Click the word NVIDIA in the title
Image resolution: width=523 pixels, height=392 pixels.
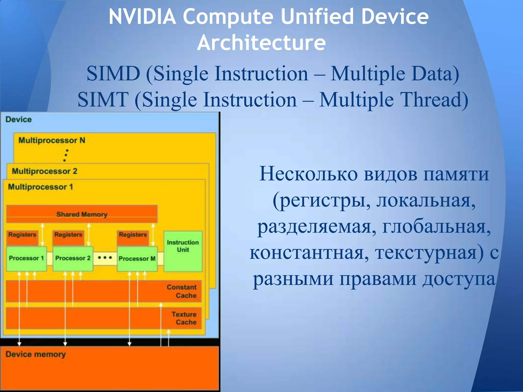(x=142, y=17)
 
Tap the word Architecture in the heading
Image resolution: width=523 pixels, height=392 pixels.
(x=261, y=42)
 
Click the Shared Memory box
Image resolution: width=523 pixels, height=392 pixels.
(x=82, y=214)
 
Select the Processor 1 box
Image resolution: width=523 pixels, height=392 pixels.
(x=26, y=258)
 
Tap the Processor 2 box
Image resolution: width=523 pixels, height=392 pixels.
(x=73, y=258)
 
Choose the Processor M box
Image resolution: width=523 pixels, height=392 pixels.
(x=137, y=259)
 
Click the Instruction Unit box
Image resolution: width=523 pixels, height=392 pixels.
(x=183, y=251)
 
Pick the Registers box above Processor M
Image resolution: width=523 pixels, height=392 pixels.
(x=133, y=237)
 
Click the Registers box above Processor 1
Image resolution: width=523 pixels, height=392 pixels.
(x=22, y=237)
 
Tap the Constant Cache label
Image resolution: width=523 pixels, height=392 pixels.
(x=182, y=291)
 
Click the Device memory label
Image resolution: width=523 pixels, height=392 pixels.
(x=35, y=354)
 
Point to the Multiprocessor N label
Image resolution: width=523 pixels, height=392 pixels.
(x=52, y=140)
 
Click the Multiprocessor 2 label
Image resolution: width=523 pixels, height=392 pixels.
(x=44, y=171)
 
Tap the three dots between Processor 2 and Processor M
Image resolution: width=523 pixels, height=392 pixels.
(x=105, y=258)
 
